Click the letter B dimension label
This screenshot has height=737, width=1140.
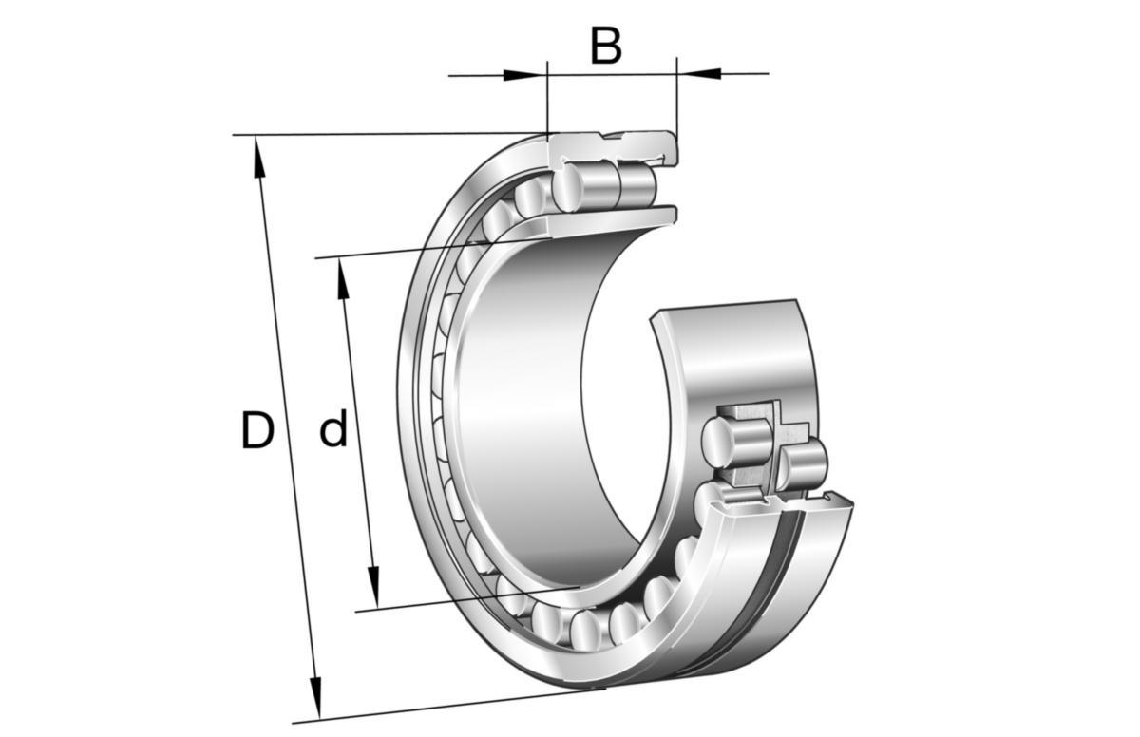coord(606,46)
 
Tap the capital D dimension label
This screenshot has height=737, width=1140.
coord(256,431)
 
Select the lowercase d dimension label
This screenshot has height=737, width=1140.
coord(332,431)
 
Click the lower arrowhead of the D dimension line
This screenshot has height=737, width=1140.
coord(316,698)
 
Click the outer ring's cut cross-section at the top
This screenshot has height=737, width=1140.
coord(617,144)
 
